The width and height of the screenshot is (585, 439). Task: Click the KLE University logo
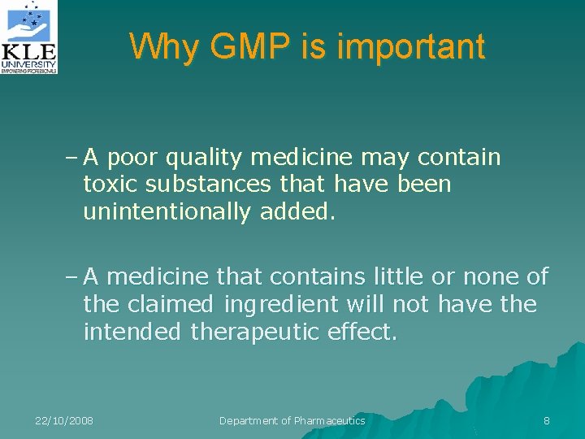pos(29,37)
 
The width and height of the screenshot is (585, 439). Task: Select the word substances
pos(219,184)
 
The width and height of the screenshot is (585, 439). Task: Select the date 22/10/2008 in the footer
pos(64,420)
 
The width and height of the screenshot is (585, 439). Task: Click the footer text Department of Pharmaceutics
pos(292,420)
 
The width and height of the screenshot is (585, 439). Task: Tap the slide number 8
pos(547,420)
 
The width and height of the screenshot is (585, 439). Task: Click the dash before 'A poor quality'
pos(71,157)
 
